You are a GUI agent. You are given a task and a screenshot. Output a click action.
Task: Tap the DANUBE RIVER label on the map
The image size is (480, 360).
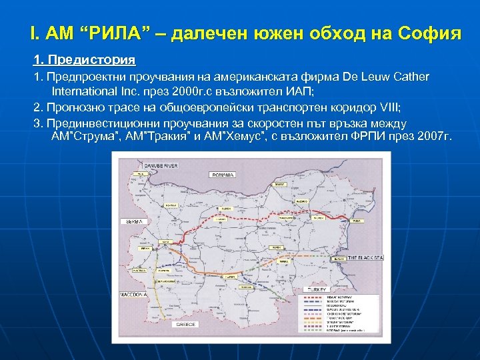click(x=150, y=164)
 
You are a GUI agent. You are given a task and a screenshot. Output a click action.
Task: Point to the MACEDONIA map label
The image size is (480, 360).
click(x=133, y=293)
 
